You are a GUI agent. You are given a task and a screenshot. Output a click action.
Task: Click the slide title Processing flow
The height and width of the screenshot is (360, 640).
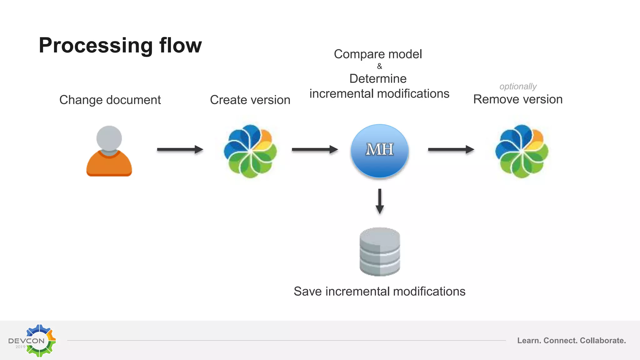[x=120, y=46]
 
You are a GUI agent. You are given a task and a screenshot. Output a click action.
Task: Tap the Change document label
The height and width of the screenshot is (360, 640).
[x=110, y=100]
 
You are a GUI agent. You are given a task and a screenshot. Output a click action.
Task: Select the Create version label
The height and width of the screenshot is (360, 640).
[x=250, y=100]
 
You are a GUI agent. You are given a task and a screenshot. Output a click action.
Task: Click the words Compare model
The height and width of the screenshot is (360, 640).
[x=378, y=54]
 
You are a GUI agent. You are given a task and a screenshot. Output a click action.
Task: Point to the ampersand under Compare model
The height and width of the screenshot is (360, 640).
[x=379, y=66]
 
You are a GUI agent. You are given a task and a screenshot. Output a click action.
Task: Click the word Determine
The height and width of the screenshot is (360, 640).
[x=378, y=79]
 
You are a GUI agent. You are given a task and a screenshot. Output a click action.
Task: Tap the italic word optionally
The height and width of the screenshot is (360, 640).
[x=518, y=86]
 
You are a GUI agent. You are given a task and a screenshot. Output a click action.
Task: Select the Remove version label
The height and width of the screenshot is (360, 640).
[x=518, y=99]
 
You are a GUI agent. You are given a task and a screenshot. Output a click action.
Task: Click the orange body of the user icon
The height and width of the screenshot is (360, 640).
[x=109, y=165]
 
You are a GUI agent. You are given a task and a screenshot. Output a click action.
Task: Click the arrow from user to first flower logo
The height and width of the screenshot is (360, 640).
[x=180, y=150]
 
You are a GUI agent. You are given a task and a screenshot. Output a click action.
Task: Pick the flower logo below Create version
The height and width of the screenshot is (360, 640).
[x=250, y=151]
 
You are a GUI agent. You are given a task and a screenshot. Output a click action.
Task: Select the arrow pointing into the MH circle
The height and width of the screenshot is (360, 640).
[x=315, y=150]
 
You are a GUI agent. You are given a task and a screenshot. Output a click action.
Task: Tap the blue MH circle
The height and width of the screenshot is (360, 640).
[x=379, y=151]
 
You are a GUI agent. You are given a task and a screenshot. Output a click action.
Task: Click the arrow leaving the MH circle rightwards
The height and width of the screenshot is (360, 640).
[x=451, y=150]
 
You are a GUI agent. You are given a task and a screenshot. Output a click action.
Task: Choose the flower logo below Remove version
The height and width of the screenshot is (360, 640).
[x=522, y=151]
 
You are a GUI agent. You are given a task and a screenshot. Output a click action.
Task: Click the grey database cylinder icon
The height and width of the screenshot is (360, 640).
[x=380, y=252]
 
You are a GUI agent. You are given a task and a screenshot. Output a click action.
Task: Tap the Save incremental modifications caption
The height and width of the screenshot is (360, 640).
[x=379, y=292]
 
